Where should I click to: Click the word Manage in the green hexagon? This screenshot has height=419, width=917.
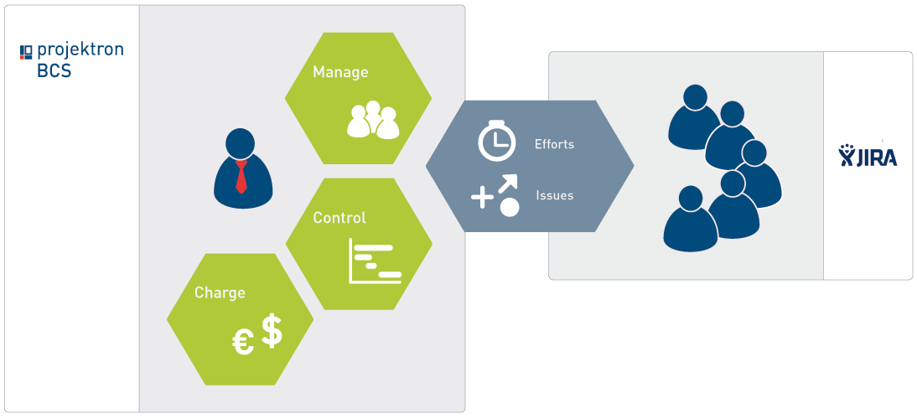tap(340, 72)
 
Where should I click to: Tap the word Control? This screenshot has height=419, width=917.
tap(339, 217)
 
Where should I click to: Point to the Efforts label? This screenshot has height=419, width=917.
tap(554, 144)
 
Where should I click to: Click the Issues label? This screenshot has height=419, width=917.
tap(554, 195)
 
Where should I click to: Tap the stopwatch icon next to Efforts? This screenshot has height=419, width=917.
tap(496, 140)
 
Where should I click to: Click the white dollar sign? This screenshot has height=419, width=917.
tap(272, 331)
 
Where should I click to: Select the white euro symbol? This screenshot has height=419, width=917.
tap(243, 343)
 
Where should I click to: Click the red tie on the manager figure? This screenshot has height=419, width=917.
tap(241, 177)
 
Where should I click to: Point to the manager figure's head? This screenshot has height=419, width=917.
tap(241, 143)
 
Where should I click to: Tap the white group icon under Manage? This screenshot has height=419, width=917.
tap(373, 120)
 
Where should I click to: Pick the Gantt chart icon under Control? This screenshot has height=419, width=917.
tap(375, 261)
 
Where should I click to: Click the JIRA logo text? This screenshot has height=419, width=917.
tap(876, 157)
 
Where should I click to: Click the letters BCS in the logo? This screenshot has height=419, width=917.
tap(54, 70)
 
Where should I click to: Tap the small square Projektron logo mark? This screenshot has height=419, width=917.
tap(26, 53)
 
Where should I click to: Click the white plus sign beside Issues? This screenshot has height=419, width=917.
tap(483, 198)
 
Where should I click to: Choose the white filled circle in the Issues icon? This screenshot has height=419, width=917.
tap(510, 208)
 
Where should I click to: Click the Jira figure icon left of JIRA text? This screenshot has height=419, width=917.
tap(847, 155)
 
